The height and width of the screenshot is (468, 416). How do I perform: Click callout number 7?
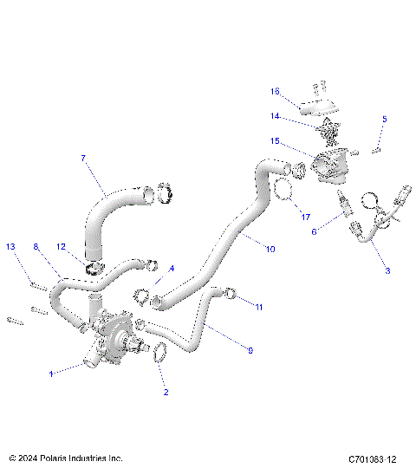pos(83,159)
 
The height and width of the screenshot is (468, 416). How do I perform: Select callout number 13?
pos(11,247)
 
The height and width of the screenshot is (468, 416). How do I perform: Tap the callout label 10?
pos(270,250)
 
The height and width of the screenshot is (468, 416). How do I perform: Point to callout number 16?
pos(275,91)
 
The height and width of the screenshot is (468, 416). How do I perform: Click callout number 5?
pos(385,119)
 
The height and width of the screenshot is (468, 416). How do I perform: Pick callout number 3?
pos(387,271)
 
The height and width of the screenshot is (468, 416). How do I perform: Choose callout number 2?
pos(166,392)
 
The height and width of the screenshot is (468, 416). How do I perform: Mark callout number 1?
pos(50,374)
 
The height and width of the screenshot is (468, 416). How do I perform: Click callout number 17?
pos(305,216)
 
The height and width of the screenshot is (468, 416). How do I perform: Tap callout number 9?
pos(250,351)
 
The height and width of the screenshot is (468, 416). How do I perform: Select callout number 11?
pos(259,306)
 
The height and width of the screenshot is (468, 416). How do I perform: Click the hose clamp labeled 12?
pos(93,262)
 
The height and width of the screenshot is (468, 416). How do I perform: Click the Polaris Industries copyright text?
pos(66,458)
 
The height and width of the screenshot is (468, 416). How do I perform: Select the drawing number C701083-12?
pos(373,458)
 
